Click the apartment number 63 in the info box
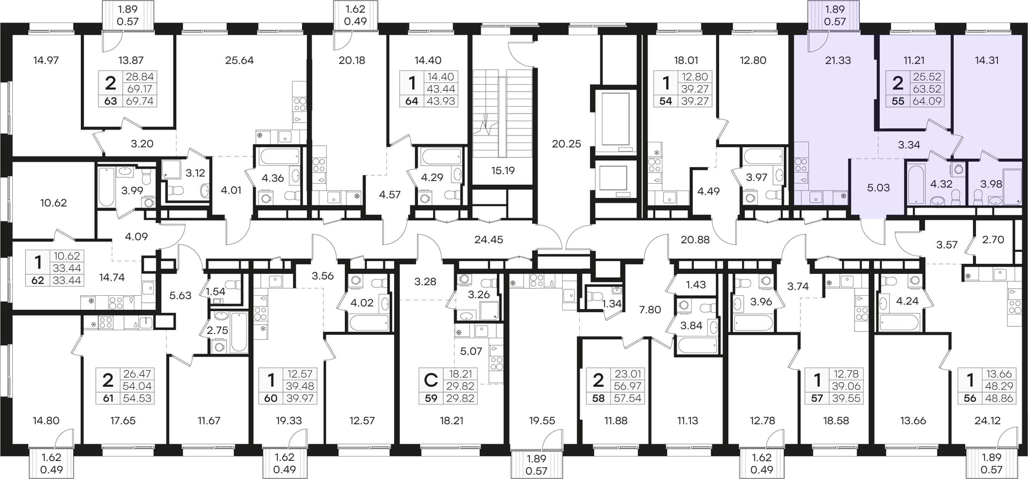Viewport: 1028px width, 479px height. [110, 101]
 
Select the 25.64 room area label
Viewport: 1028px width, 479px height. [239, 61]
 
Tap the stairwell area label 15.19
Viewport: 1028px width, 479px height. [503, 171]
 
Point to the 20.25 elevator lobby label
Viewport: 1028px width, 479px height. [566, 144]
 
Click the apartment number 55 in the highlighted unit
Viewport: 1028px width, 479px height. [898, 101]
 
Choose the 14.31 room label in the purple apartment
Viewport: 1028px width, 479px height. [986, 61]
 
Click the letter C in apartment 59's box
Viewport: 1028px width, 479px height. [430, 380]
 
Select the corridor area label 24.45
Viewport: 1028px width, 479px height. [489, 239]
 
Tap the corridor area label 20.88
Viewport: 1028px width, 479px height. [695, 239]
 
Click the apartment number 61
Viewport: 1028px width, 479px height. [108, 399]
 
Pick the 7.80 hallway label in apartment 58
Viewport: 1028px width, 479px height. [650, 310]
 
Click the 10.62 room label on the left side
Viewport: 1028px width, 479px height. [54, 203]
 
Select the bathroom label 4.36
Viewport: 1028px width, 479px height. [273, 178]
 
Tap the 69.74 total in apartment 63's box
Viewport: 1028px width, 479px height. [140, 101]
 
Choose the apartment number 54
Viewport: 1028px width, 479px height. [666, 101]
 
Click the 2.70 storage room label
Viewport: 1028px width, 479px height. [993, 239]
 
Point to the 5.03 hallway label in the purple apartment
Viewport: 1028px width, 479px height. [878, 188]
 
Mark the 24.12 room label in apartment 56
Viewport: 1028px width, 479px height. [987, 421]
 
